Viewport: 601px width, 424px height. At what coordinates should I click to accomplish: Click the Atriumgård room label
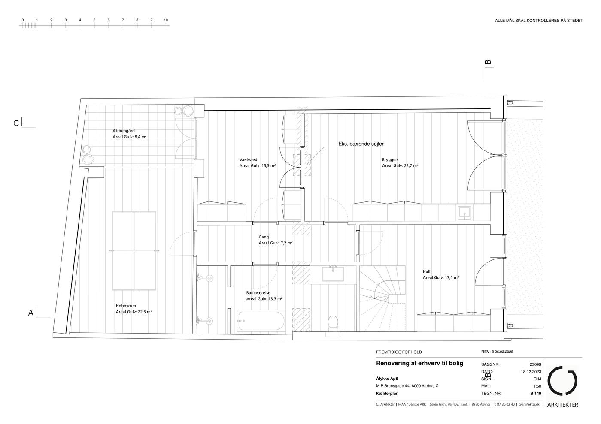tap(124, 131)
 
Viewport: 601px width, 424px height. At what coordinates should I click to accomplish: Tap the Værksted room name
tap(248, 160)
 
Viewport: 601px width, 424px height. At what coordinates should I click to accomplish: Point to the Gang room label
tap(264, 237)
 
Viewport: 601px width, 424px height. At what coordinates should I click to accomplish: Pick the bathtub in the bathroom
tap(261, 321)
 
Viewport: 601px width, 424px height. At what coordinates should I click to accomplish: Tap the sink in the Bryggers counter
tap(464, 213)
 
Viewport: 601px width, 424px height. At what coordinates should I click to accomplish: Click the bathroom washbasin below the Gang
tap(333, 274)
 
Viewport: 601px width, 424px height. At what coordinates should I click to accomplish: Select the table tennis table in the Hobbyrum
tap(134, 251)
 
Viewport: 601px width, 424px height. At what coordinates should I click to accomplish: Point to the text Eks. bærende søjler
tap(361, 144)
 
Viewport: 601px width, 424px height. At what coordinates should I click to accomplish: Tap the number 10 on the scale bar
tap(166, 20)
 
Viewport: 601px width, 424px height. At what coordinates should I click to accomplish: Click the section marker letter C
tap(16, 123)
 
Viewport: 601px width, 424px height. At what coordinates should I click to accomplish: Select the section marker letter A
tap(31, 313)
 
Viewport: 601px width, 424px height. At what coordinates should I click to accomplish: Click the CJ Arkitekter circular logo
tap(562, 380)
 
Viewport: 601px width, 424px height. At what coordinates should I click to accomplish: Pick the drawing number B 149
tap(536, 394)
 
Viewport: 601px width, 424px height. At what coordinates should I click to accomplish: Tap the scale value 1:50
tap(537, 386)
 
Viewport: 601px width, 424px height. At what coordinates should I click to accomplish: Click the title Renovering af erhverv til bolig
tap(420, 364)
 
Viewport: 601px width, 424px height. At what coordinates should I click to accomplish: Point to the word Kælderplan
tap(387, 394)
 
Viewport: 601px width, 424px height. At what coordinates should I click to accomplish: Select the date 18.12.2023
tap(531, 372)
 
